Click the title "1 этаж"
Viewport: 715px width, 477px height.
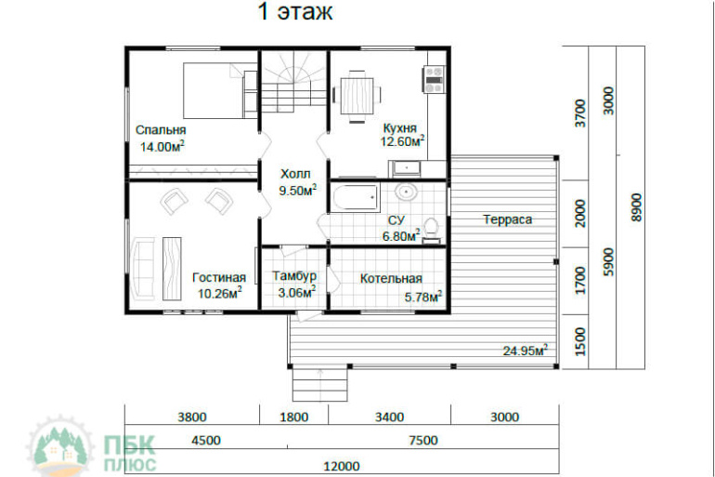point(295,11)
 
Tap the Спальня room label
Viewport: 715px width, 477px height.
point(161,130)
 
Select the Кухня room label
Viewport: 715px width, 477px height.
point(400,127)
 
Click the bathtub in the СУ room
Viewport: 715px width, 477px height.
point(356,197)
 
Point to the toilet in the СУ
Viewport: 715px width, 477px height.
point(431,230)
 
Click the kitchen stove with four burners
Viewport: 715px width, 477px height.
point(434,79)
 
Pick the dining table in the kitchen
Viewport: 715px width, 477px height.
point(357,96)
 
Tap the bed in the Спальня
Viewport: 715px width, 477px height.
point(220,90)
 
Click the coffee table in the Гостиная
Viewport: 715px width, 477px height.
point(173,269)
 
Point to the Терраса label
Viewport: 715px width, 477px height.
point(508,219)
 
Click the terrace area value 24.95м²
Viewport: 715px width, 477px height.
point(526,351)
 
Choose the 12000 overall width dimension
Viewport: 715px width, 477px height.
point(342,466)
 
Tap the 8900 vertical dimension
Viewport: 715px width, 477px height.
point(636,207)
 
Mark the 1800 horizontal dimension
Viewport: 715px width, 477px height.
point(293,417)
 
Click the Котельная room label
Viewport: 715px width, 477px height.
point(391,278)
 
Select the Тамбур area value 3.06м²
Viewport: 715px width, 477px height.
point(297,292)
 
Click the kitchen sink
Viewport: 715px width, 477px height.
point(406,168)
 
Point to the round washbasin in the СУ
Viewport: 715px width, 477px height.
point(406,192)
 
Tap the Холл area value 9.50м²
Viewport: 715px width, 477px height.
point(298,190)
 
